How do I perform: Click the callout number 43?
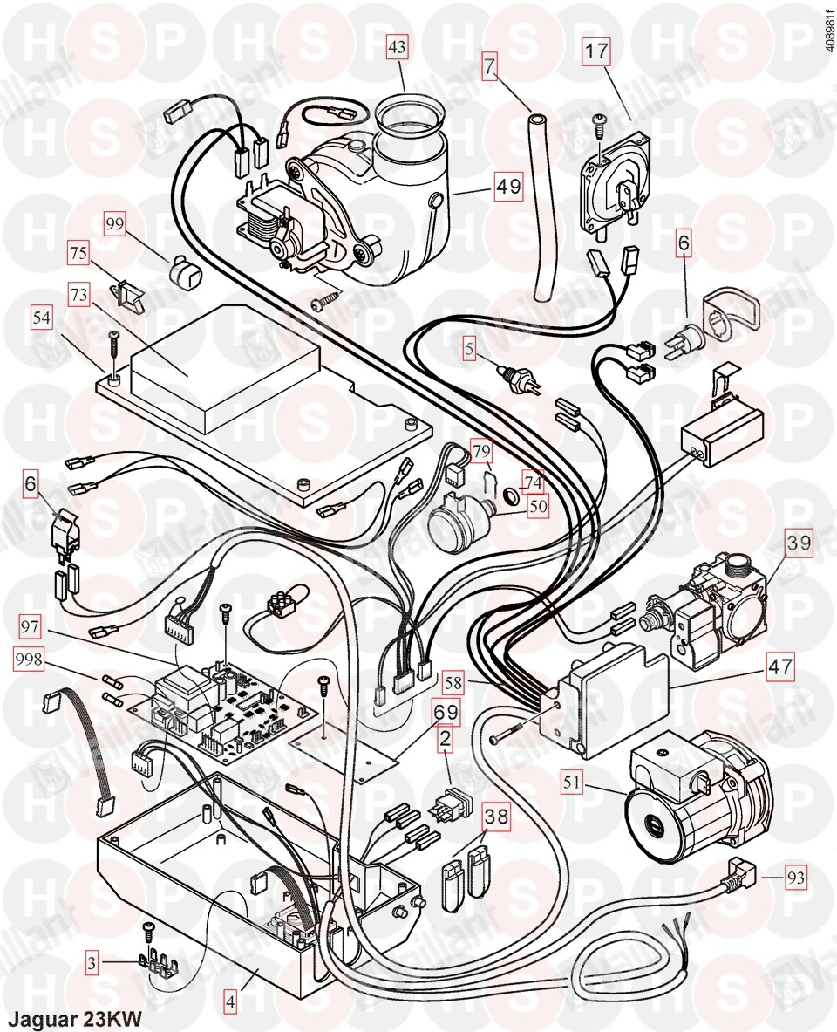tap(398, 51)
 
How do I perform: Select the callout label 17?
tap(597, 51)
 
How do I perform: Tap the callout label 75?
tap(78, 253)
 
